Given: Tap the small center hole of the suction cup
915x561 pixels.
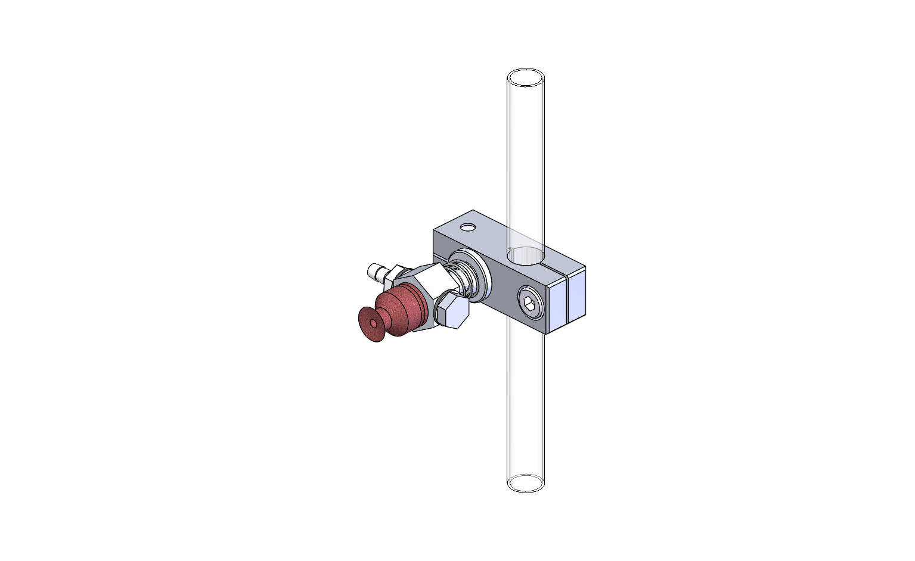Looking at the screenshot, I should click(x=373, y=323).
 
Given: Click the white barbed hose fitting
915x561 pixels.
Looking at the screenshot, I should click(x=376, y=272).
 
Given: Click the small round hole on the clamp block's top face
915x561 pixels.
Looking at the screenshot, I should click(x=468, y=227).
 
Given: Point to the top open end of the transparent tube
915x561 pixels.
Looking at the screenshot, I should click(x=525, y=78).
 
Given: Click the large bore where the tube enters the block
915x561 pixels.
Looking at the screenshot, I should click(x=526, y=255).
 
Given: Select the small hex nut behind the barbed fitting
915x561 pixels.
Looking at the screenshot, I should click(x=394, y=276).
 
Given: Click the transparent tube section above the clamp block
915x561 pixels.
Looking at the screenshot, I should click(x=525, y=161).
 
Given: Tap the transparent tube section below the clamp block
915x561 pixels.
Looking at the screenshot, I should click(x=525, y=405).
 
